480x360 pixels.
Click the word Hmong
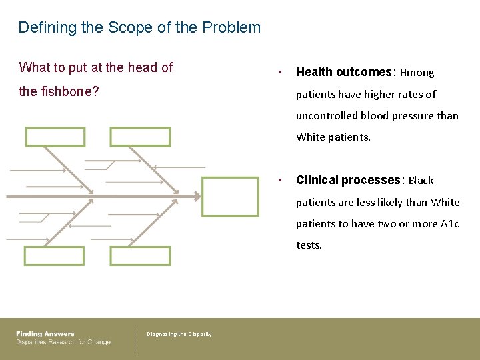click(x=417, y=73)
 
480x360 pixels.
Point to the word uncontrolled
click(x=327, y=115)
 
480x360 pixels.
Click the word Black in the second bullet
click(x=421, y=181)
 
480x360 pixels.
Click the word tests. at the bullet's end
click(x=309, y=245)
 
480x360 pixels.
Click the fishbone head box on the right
click(x=230, y=197)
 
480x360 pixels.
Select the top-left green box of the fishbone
click(x=55, y=137)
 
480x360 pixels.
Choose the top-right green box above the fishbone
click(x=140, y=137)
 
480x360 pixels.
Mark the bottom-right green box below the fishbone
click(x=140, y=256)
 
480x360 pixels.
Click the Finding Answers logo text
click(x=45, y=334)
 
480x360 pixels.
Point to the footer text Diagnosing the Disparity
click(x=179, y=334)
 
